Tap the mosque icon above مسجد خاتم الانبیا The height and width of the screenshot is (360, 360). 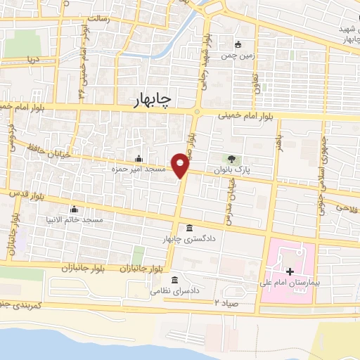(x=74, y=209)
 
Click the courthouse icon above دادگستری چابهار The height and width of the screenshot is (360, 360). (x=190, y=228)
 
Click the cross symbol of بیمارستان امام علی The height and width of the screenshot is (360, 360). (x=290, y=271)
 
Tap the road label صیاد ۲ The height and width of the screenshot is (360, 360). (x=226, y=302)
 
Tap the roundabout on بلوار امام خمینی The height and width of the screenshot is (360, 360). (x=197, y=112)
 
